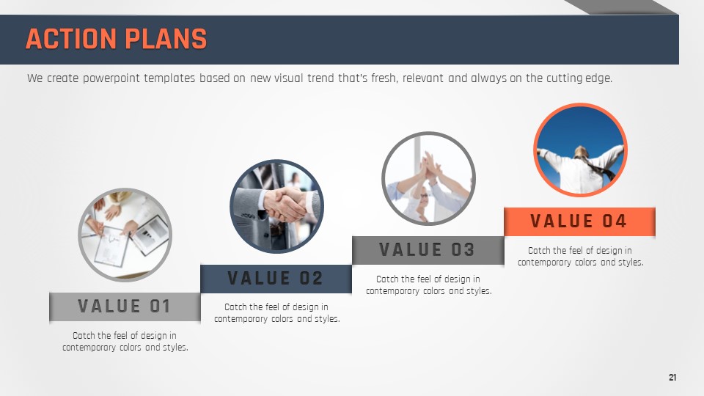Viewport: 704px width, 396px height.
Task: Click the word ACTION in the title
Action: [x=71, y=39]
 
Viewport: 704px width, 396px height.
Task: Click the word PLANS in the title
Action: [x=166, y=39]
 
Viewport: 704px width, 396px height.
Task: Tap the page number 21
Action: [x=672, y=378]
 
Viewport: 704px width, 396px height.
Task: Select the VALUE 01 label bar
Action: [x=125, y=307]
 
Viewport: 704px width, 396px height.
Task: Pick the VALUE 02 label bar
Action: [x=276, y=279]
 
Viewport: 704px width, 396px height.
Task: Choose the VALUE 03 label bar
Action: [x=428, y=250]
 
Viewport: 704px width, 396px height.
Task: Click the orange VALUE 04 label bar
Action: [x=579, y=221]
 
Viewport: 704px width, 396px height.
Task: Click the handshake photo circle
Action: [x=276, y=207]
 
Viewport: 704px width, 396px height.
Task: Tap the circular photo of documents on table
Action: [x=125, y=235]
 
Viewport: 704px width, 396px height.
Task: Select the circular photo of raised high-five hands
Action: [x=428, y=178]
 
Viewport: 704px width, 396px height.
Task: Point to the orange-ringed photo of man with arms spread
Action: [x=580, y=150]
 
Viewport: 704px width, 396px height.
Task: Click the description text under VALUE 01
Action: [x=125, y=341]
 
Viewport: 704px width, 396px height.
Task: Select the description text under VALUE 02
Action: [x=277, y=313]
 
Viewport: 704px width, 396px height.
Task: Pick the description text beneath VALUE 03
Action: [x=429, y=285]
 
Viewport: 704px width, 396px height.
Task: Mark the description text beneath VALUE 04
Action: [x=581, y=256]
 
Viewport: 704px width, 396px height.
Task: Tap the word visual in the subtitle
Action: [x=289, y=78]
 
